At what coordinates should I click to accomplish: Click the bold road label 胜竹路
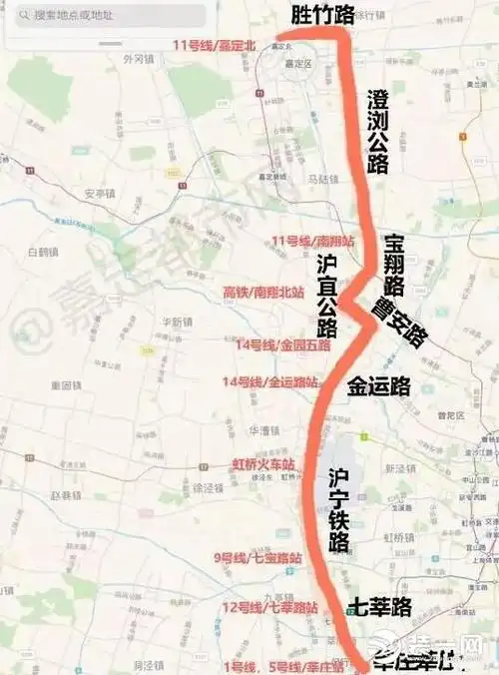tap(321, 14)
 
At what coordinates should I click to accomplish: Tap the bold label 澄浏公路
tap(377, 130)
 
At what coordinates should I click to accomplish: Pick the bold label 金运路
tap(379, 386)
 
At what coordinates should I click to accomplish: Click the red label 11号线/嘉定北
tap(214, 45)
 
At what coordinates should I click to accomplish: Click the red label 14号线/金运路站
tap(270, 382)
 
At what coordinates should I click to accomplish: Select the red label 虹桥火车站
tap(263, 464)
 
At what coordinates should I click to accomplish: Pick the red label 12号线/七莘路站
tap(269, 607)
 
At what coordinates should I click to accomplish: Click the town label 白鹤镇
tap(45, 251)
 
